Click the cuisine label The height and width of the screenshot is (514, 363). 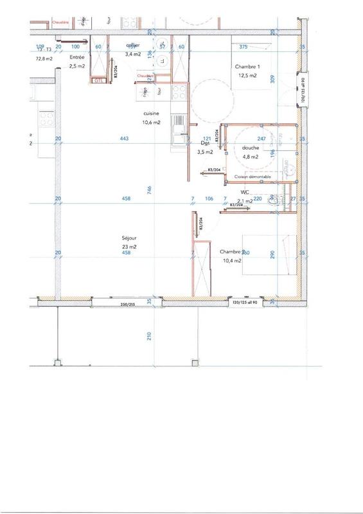[x=152, y=114]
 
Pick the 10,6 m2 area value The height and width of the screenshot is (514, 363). [x=152, y=122]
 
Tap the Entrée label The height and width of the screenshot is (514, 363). [x=77, y=57]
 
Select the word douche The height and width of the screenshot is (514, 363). [x=251, y=148]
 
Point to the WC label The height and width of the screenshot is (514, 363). [x=245, y=191]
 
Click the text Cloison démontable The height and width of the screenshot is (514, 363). [x=252, y=176]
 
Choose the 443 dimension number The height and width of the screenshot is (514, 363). [x=125, y=139]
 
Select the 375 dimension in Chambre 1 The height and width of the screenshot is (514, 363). [x=243, y=47]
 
